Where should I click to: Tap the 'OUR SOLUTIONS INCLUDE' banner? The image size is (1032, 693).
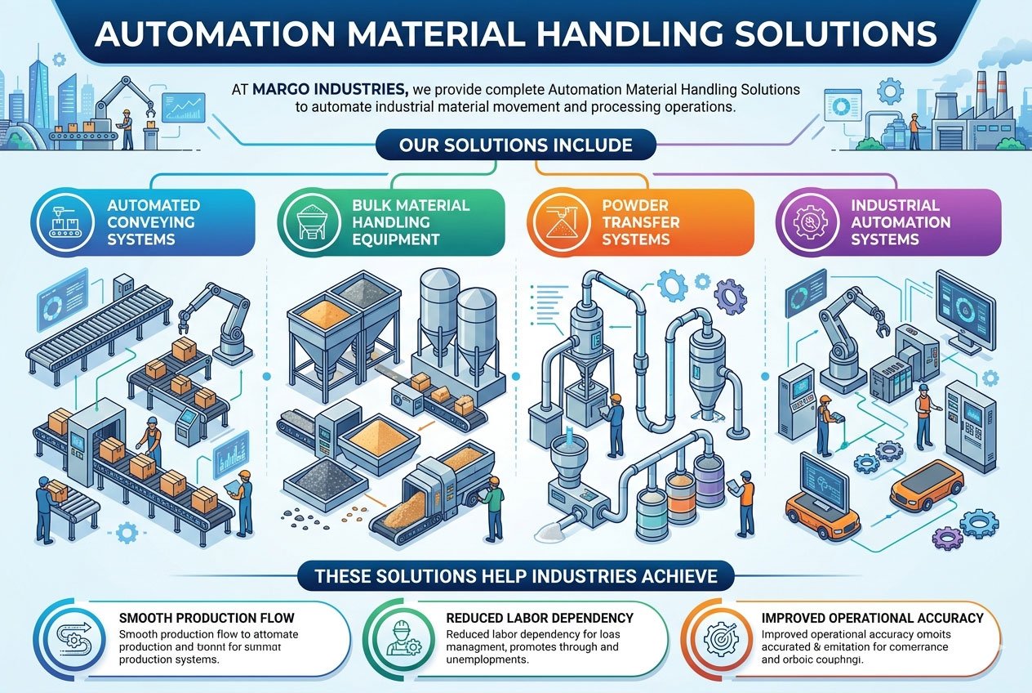(515, 145)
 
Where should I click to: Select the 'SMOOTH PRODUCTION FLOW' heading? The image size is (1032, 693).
(207, 618)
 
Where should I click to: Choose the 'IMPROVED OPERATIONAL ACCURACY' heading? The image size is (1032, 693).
(871, 618)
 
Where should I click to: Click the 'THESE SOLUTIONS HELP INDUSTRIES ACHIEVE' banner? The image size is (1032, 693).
(515, 576)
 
